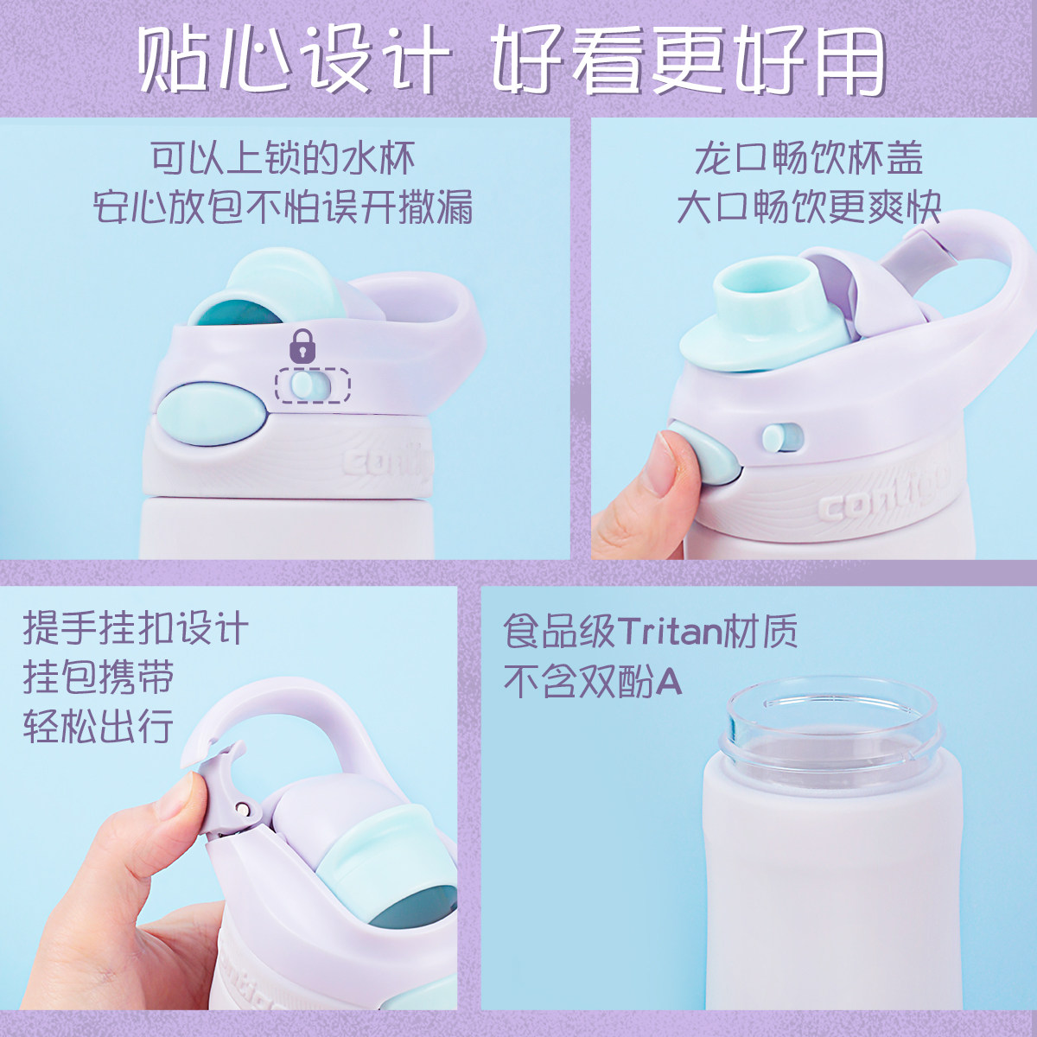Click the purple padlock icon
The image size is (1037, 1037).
tap(302, 346)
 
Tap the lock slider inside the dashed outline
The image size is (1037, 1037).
tap(303, 385)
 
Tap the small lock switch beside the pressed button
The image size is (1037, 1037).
tap(782, 437)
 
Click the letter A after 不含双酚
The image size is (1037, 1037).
tap(669, 682)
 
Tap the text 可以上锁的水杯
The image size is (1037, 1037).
tap(283, 158)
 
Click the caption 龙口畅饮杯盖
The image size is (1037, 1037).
tap(808, 158)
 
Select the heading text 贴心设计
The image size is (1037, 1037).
tap(293, 60)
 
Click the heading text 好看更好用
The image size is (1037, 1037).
tap(689, 60)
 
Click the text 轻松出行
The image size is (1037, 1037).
tap(98, 726)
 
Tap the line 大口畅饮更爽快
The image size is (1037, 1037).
tap(809, 207)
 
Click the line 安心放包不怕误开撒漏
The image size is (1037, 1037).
tap(283, 207)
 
